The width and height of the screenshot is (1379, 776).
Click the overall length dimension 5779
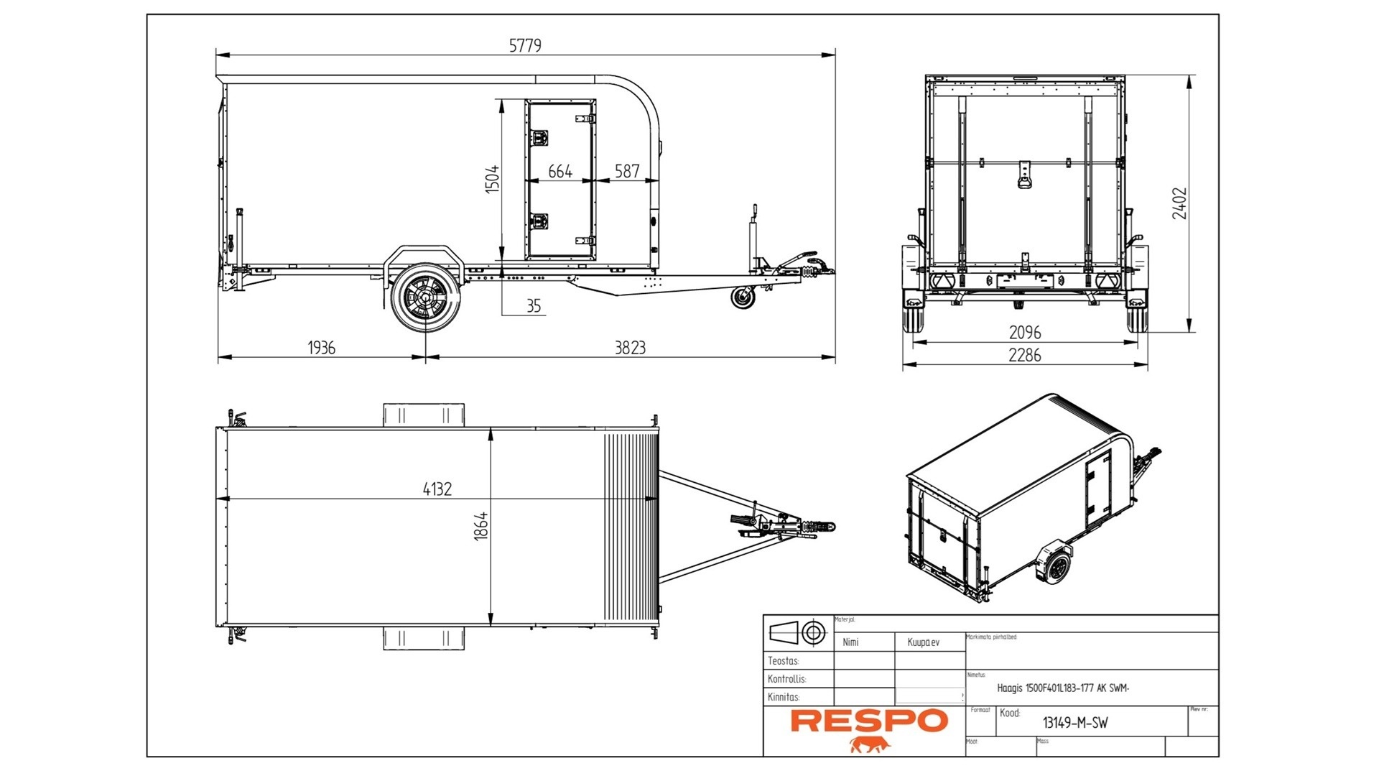point(525,45)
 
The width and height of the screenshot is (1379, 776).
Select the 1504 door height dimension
point(492,179)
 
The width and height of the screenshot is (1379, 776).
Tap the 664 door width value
point(560,171)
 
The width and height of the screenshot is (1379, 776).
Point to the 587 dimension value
point(627,171)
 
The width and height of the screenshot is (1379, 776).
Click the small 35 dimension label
point(534,306)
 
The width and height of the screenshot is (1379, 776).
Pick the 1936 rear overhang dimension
point(321,348)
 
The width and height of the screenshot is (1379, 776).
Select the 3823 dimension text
point(630,348)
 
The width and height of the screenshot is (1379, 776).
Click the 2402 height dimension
point(1179,203)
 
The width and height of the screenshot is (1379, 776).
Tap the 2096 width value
point(1025,333)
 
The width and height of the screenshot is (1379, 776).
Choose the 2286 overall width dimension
point(1025,355)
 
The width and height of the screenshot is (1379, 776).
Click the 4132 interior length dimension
point(437,489)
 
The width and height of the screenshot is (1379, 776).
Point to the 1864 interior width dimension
point(481,526)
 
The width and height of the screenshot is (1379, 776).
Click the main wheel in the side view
point(425,297)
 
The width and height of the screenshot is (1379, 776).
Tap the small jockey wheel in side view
point(743,297)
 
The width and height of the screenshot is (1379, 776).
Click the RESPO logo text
point(869,721)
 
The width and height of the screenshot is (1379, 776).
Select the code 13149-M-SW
point(1075,724)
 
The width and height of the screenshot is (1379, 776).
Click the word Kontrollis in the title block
point(786,679)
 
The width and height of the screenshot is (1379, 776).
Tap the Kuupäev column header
point(923,642)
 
